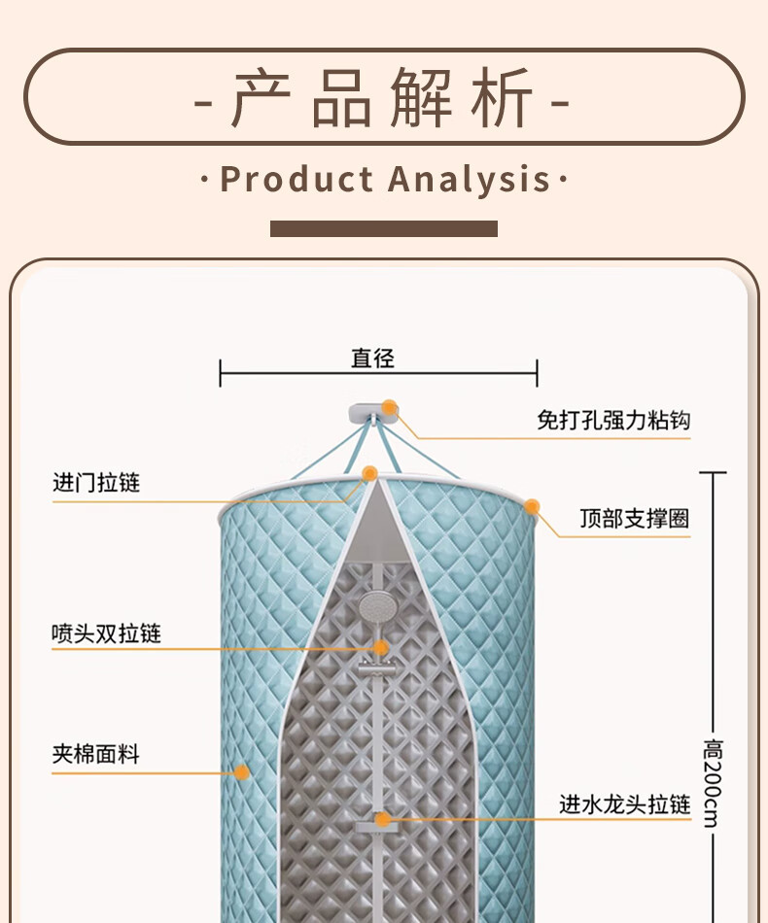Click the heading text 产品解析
pyautogui.click(x=383, y=98)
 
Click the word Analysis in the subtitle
pyautogui.click(x=470, y=180)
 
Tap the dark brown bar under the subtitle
pyautogui.click(x=383, y=228)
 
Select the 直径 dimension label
pyautogui.click(x=373, y=359)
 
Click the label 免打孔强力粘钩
pyautogui.click(x=613, y=421)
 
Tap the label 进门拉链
pyautogui.click(x=96, y=483)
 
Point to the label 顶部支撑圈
pyautogui.click(x=635, y=519)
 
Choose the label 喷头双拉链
pyautogui.click(x=106, y=634)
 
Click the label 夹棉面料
pyautogui.click(x=95, y=754)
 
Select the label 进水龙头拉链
pyautogui.click(x=624, y=804)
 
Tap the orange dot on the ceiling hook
pyautogui.click(x=390, y=408)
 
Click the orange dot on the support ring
pyautogui.click(x=532, y=506)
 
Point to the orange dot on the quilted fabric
pyautogui.click(x=241, y=772)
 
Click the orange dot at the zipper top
pyautogui.click(x=369, y=473)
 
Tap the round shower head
pyautogui.click(x=376, y=608)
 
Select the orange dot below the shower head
pyautogui.click(x=381, y=647)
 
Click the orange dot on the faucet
pyautogui.click(x=383, y=819)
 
